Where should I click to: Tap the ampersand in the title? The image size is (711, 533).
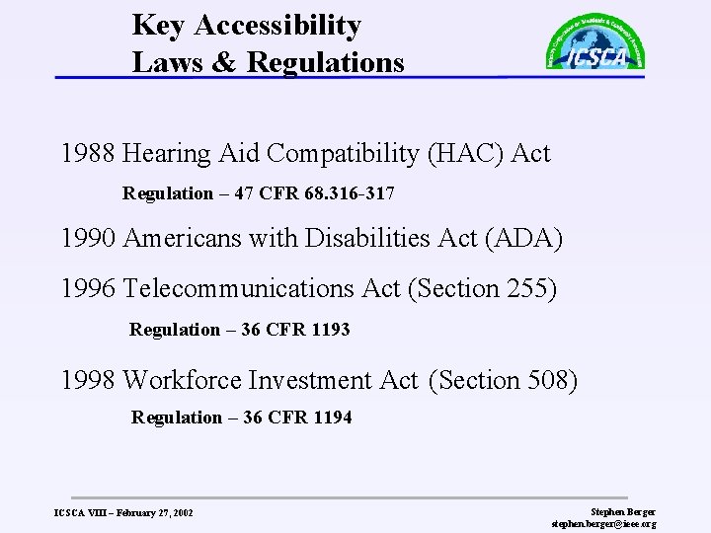[x=221, y=63]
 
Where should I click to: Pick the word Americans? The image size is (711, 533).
[x=182, y=238]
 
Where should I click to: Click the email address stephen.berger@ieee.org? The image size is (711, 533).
[x=603, y=524]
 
